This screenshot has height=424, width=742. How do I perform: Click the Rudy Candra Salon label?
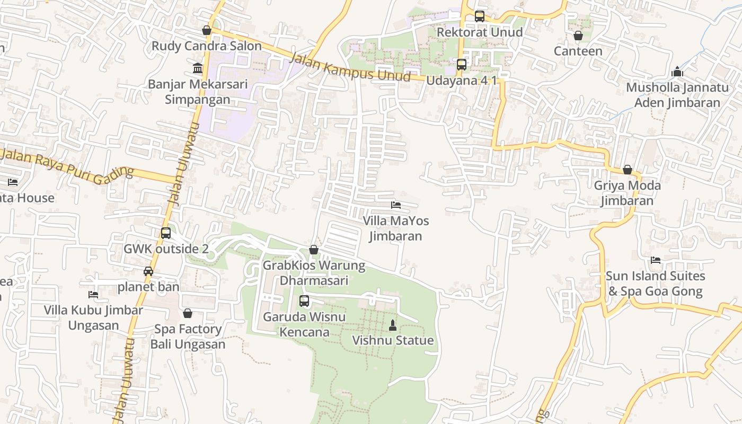click(x=207, y=46)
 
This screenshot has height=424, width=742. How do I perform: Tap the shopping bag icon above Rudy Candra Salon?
click(x=207, y=31)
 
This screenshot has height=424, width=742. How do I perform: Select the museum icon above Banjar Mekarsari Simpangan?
click(x=198, y=68)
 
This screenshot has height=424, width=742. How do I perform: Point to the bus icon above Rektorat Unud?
click(x=480, y=16)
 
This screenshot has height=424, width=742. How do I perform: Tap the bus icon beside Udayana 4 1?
click(x=462, y=65)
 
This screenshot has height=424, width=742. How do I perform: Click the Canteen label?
click(x=578, y=51)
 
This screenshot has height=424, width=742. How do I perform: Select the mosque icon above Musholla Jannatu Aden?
click(x=677, y=72)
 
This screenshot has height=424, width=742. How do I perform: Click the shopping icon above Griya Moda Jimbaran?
click(x=628, y=170)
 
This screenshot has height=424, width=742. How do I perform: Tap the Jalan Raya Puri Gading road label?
click(x=67, y=166)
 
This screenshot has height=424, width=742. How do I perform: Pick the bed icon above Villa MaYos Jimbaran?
click(x=396, y=205)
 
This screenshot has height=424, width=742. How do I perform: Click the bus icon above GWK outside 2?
click(x=166, y=233)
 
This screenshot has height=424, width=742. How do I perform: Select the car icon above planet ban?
click(x=148, y=271)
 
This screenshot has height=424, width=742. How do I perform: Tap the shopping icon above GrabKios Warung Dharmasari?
click(x=314, y=250)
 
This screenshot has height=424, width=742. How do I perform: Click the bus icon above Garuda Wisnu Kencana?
click(x=304, y=301)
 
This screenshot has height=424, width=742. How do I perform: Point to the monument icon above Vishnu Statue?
click(x=393, y=325)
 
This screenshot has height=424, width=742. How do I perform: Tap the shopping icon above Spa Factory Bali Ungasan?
click(x=188, y=313)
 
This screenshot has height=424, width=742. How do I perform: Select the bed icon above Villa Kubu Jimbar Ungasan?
click(x=93, y=295)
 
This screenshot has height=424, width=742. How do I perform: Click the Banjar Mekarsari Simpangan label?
click(x=197, y=92)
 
